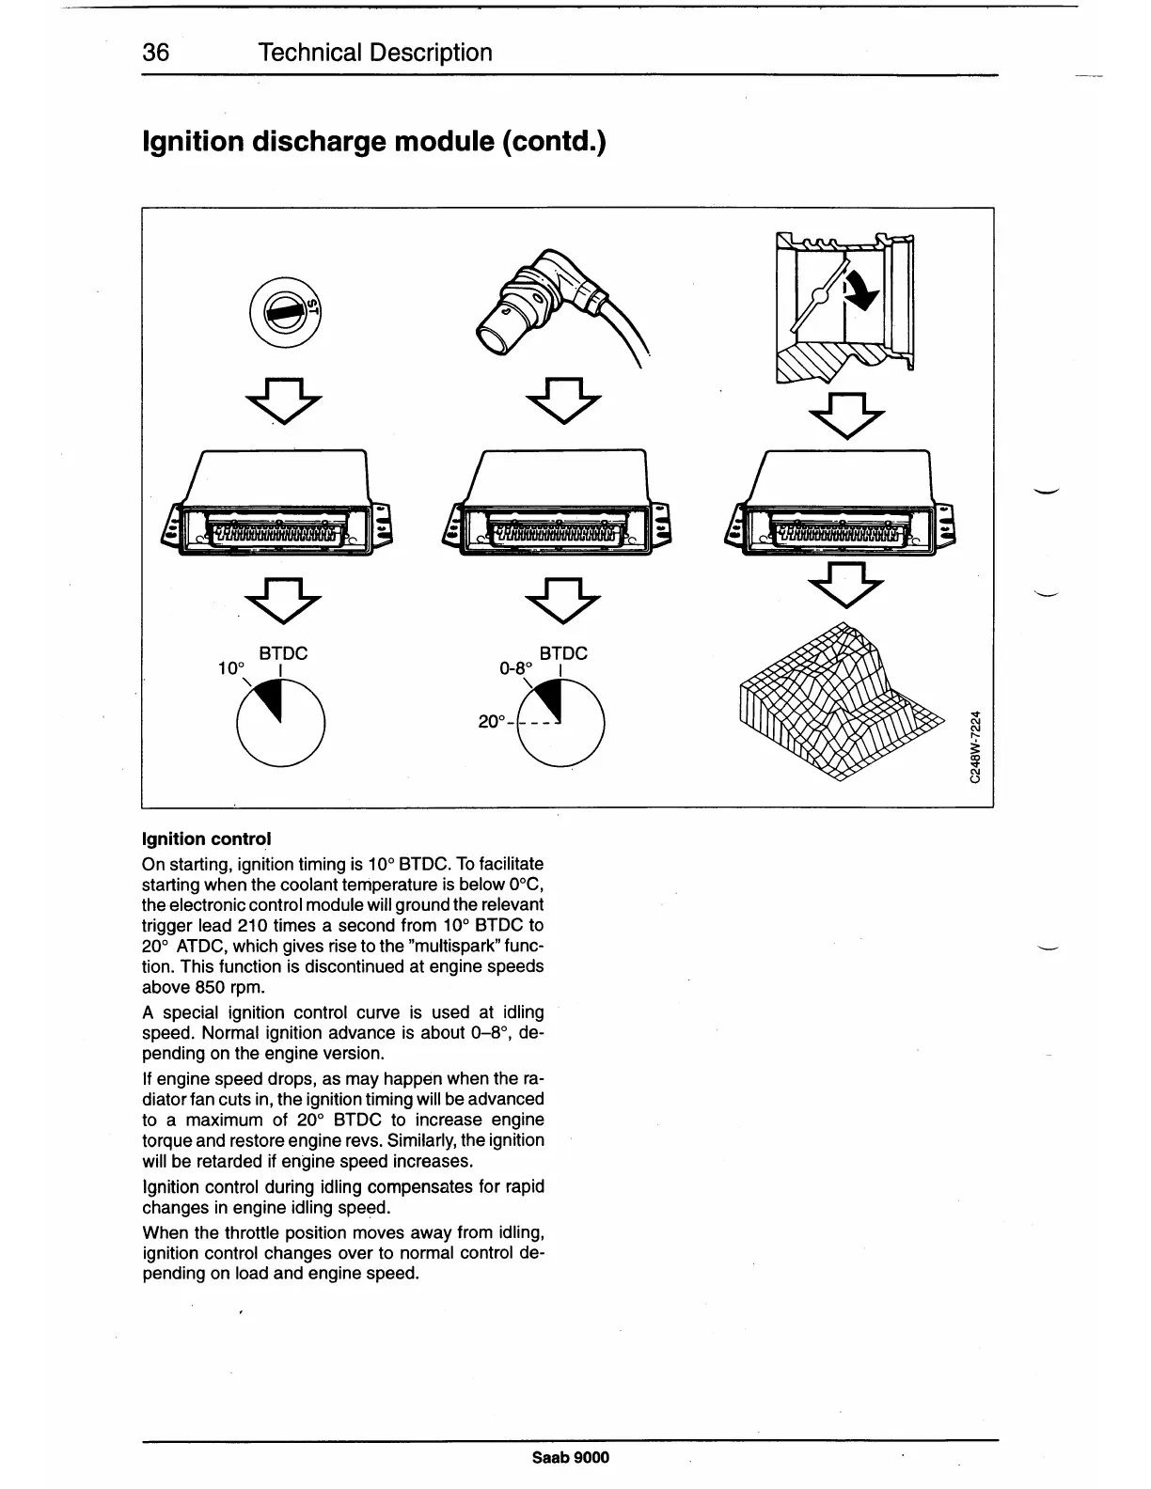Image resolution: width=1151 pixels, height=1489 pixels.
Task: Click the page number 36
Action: pyautogui.click(x=155, y=53)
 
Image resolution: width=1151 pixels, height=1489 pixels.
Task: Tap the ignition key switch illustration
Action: pyautogui.click(x=284, y=311)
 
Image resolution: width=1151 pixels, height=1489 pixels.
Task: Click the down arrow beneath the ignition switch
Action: pyautogui.click(x=283, y=400)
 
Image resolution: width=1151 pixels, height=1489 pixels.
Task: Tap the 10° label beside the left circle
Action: pyautogui.click(x=230, y=668)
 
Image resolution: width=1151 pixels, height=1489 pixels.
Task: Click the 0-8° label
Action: pyautogui.click(x=515, y=668)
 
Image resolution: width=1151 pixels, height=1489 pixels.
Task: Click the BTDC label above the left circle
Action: pyautogui.click(x=283, y=652)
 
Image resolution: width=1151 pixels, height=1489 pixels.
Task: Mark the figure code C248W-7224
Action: pyautogui.click(x=977, y=747)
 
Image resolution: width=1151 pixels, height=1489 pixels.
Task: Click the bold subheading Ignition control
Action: pyautogui.click(x=206, y=837)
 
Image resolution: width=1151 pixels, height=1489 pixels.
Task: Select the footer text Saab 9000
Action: pyautogui.click(x=571, y=1457)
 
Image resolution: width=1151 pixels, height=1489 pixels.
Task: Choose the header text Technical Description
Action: pyautogui.click(x=375, y=53)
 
